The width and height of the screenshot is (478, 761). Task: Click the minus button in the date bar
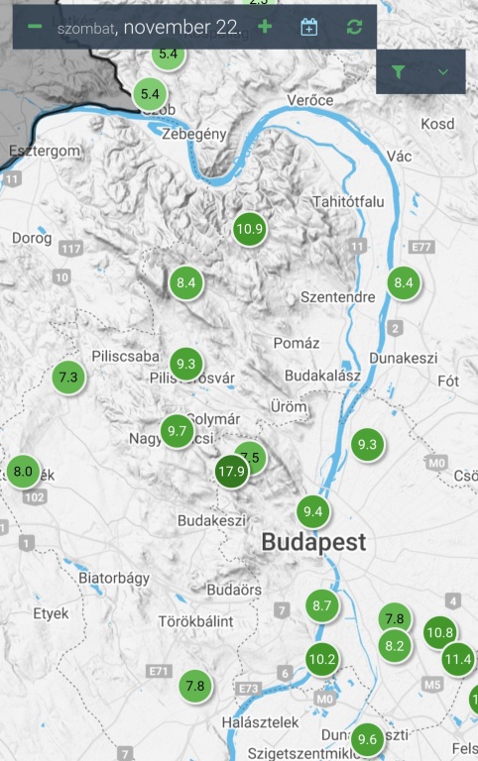tap(35, 27)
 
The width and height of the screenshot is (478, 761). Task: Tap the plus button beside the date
tap(265, 27)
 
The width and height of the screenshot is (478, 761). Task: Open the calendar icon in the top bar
tap(309, 27)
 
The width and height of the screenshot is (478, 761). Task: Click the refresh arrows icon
tap(354, 27)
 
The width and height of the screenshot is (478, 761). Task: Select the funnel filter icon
tap(399, 71)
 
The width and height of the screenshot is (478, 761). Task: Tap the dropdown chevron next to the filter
tap(443, 71)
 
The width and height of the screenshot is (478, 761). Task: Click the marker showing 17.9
tap(232, 471)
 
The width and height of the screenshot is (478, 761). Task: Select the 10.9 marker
tap(250, 229)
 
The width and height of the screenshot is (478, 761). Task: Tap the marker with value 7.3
tap(68, 377)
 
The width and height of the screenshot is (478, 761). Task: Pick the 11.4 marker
tap(458, 658)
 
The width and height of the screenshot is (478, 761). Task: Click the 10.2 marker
tap(322, 658)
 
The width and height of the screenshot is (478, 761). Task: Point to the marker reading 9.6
tap(367, 738)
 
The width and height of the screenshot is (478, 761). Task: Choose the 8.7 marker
tap(321, 605)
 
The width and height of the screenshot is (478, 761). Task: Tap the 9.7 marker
tap(179, 430)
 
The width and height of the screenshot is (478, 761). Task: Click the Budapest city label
tap(313, 543)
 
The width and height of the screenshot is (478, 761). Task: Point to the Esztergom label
tap(43, 150)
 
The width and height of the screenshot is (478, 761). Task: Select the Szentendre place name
tap(337, 297)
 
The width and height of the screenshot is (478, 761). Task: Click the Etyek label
tap(50, 613)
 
